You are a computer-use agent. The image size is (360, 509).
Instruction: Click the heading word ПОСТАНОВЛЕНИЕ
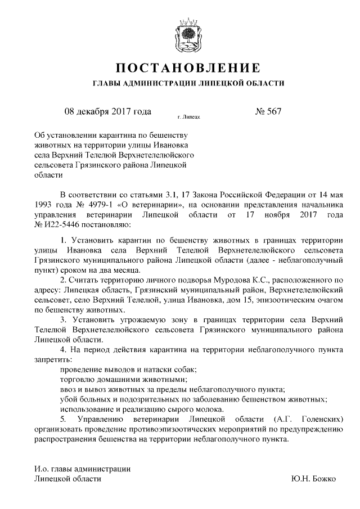point(188,69)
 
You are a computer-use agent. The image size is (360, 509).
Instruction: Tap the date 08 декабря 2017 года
point(108,111)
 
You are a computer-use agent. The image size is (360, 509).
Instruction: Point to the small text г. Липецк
point(188,118)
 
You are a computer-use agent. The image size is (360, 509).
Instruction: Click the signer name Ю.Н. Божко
point(314,479)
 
